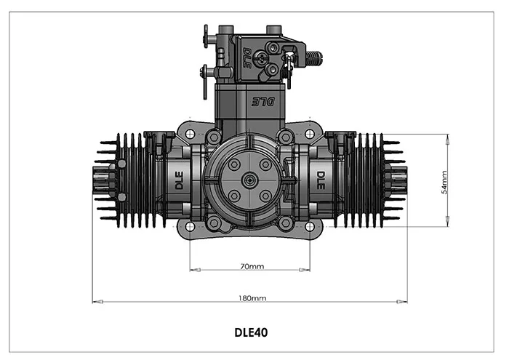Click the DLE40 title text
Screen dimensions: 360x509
251,333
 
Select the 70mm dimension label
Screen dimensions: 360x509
252,266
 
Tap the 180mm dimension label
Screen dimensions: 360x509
252,298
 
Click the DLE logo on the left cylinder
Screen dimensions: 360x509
179,180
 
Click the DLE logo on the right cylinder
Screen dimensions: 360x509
320,180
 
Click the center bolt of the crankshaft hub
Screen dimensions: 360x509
249,180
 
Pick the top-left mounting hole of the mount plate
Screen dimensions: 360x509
189,135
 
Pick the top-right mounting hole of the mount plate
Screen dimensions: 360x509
310,135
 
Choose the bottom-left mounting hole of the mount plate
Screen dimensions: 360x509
189,226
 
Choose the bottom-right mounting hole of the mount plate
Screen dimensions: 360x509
310,226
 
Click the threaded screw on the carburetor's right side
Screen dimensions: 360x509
313,56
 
